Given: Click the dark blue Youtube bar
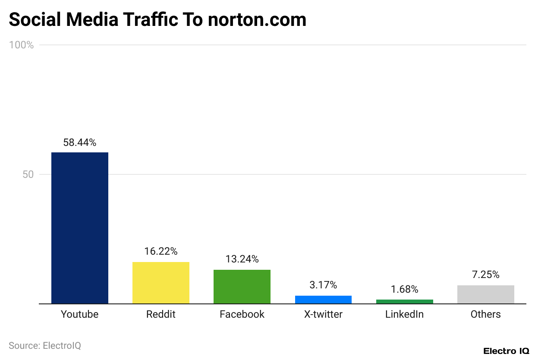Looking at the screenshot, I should pyautogui.click(x=80, y=228).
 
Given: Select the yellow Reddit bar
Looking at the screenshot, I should pyautogui.click(x=161, y=283).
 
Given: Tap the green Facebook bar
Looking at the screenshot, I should pyautogui.click(x=242, y=287).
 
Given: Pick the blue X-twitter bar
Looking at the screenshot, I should pyautogui.click(x=323, y=300).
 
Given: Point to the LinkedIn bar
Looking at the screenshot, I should pyautogui.click(x=404, y=301).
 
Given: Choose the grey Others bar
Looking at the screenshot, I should pyautogui.click(x=485, y=294).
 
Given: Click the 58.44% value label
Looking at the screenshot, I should pyautogui.click(x=80, y=142).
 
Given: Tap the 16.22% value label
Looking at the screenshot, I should pyautogui.click(x=161, y=251).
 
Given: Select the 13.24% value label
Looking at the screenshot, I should pyautogui.click(x=242, y=259).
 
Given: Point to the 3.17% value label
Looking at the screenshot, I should pyautogui.click(x=323, y=285).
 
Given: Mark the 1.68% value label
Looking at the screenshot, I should pyautogui.click(x=404, y=289).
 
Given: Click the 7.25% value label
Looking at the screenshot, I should pyautogui.click(x=485, y=275).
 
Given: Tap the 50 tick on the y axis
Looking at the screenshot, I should pyautogui.click(x=28, y=175).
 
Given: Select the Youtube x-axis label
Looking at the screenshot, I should pyautogui.click(x=80, y=314).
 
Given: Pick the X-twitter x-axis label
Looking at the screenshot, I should pyautogui.click(x=323, y=314).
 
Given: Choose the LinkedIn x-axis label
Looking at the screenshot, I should pyautogui.click(x=404, y=314).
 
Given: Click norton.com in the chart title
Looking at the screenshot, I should pyautogui.click(x=257, y=20).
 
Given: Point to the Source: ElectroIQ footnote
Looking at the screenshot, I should pyautogui.click(x=45, y=346).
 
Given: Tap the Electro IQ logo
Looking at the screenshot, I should pyautogui.click(x=506, y=351).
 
